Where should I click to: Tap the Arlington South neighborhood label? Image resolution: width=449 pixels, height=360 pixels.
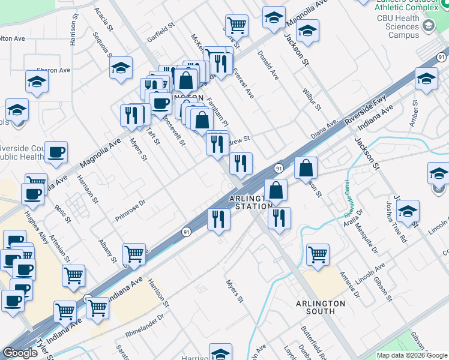(x=321, y=307)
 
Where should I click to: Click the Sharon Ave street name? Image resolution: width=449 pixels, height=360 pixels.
(x=53, y=70)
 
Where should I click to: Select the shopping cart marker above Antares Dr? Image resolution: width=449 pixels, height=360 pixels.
(x=317, y=254)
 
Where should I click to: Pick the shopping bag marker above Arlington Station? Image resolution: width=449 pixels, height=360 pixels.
(x=276, y=190)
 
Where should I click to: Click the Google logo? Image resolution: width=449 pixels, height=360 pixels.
(x=20, y=353)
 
